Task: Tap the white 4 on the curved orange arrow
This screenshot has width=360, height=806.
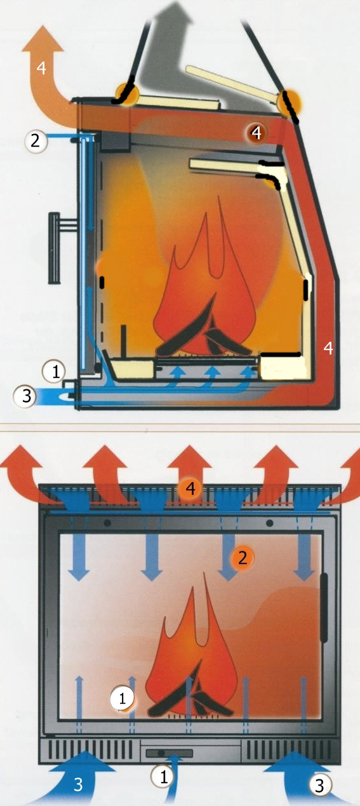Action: (41, 68)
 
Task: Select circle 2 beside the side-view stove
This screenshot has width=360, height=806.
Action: (36, 140)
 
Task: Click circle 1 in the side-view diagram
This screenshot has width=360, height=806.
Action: (54, 372)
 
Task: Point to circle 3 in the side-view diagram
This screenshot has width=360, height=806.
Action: (25, 396)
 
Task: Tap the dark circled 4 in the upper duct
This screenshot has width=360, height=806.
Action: (256, 133)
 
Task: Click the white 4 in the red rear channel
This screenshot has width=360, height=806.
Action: (328, 348)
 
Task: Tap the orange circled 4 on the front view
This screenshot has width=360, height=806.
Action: (190, 488)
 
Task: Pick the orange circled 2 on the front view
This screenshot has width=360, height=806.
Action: (243, 558)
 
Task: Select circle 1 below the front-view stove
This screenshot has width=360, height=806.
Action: (164, 777)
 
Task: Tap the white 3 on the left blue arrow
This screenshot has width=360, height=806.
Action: (78, 784)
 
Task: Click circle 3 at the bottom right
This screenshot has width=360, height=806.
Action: (319, 785)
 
